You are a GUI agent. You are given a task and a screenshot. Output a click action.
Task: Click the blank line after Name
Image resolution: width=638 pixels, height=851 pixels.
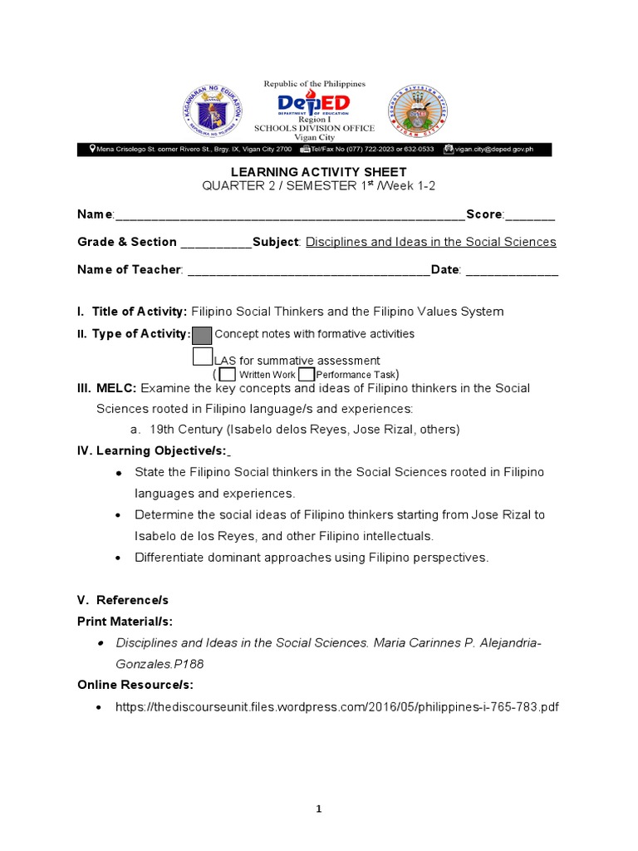[x=290, y=215]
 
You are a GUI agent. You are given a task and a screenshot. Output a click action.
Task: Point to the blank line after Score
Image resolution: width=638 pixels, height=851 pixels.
[x=530, y=215]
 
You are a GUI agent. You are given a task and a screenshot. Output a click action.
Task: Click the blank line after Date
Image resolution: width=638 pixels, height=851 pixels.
[x=511, y=270]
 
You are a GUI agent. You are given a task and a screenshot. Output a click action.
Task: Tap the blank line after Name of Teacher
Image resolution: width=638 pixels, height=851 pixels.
[x=308, y=270]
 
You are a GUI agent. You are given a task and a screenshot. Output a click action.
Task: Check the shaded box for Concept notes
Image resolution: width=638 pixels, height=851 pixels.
[x=202, y=335]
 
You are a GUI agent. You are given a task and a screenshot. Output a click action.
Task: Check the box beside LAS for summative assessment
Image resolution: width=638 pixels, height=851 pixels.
[x=202, y=357]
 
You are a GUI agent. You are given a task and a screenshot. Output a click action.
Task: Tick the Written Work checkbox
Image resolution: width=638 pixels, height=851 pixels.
[x=228, y=374]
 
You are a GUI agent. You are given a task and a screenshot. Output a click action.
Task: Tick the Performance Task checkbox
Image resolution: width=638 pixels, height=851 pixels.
[x=306, y=374]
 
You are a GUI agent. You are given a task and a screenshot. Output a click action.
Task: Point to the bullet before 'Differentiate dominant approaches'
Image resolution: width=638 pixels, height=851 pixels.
[x=119, y=558]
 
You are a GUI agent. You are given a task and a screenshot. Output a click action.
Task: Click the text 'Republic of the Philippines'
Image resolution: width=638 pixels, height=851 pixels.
[x=314, y=84]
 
